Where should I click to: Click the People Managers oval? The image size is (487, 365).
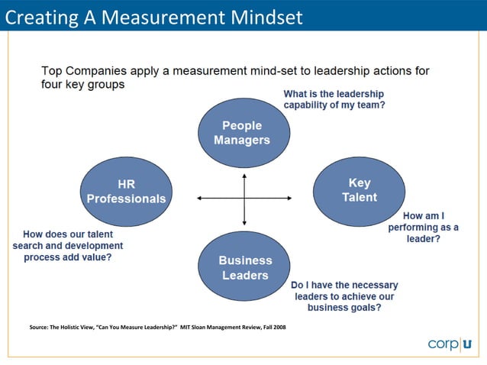coord(242,133)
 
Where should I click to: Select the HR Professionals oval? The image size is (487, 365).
coord(126,192)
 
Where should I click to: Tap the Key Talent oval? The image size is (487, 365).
coord(359,190)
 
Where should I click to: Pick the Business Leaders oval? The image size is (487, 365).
coord(244,267)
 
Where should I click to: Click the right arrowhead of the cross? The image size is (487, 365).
coord(289,199)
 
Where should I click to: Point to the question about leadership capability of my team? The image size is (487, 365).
coord(334,99)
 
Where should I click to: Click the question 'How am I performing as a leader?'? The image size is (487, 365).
coord(423,227)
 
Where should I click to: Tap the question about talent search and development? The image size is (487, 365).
coord(68,246)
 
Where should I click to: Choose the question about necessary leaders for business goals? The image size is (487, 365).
coord(344,296)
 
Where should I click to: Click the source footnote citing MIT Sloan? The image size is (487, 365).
coord(157,328)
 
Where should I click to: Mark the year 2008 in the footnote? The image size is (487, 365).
coord(278,328)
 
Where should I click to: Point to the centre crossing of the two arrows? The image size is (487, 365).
coord(244,199)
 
